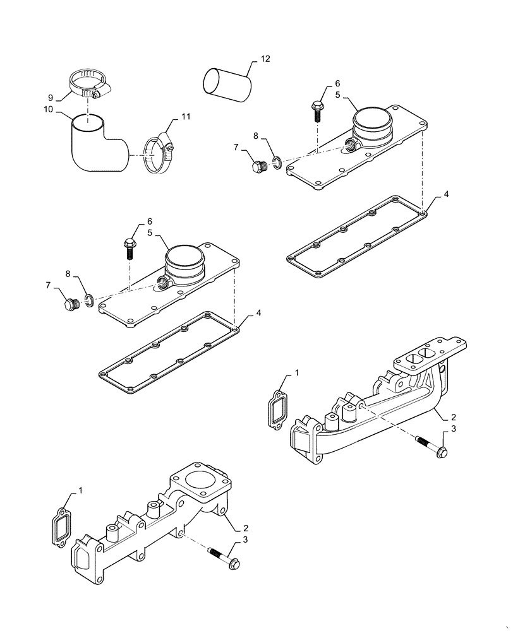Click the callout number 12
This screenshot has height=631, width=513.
[x=265, y=59]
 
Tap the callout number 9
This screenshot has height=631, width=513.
[x=50, y=97]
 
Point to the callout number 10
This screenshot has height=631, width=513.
[x=48, y=110]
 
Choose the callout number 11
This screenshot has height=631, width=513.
[x=185, y=117]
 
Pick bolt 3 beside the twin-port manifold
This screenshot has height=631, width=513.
[x=432, y=445]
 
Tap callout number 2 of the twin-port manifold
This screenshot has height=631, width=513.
[x=454, y=418]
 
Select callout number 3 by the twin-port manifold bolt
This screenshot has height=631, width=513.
[x=452, y=430]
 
